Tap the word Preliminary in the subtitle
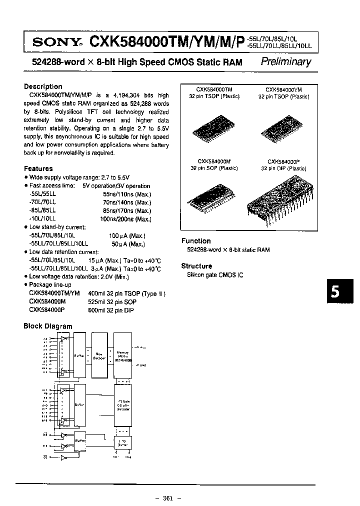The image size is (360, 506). pos(286,62)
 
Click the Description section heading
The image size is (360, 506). pos(43,86)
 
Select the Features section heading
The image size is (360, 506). pos(38,168)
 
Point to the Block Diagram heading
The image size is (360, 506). pos(48,326)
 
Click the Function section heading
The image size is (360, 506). pos(196,240)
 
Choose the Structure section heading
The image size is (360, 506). pos(196,266)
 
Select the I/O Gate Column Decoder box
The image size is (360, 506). pos(123,405)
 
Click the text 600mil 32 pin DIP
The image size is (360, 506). pos(113,309)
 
